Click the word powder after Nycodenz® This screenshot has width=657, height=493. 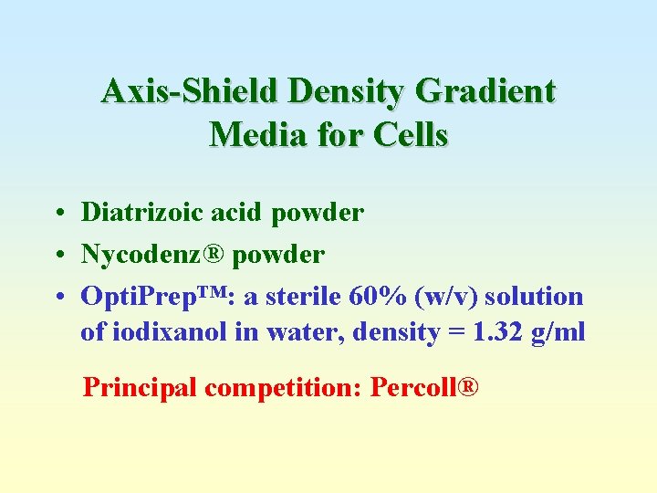pyautogui.click(x=278, y=255)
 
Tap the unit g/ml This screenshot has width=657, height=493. pyautogui.click(x=558, y=332)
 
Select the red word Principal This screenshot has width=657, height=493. pyautogui.click(x=141, y=387)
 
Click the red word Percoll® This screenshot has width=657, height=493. pyautogui.click(x=423, y=387)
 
